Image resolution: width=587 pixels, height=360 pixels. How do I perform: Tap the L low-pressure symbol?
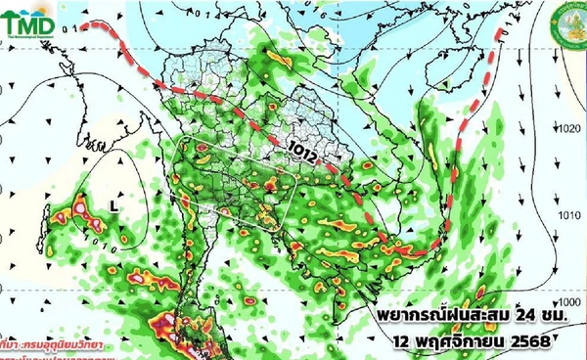(113, 206)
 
